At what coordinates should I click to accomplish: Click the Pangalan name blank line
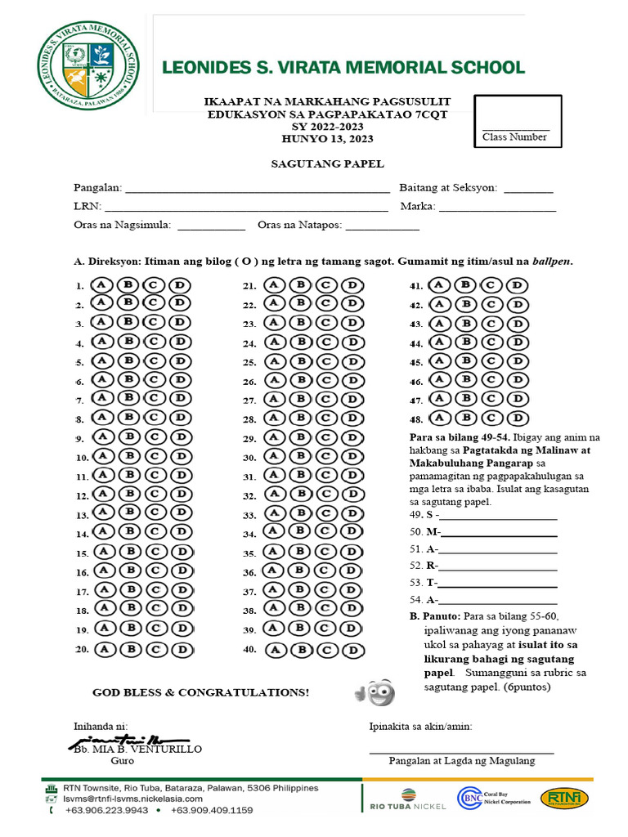coord(256,190)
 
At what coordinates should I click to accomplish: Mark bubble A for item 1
coord(102,285)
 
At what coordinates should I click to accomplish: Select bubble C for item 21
coord(325,285)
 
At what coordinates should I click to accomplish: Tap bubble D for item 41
coord(516,285)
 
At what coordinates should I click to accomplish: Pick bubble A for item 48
coord(439,418)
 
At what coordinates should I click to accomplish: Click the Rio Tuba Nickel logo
coord(405,800)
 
